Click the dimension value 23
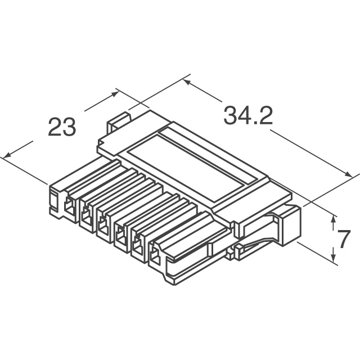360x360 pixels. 61,127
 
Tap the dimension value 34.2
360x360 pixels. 248,116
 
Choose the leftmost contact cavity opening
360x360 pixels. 69,206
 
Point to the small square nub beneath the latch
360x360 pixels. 238,247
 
